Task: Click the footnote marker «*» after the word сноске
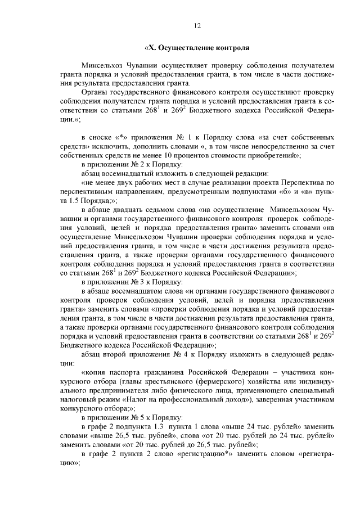pos(120,137)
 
